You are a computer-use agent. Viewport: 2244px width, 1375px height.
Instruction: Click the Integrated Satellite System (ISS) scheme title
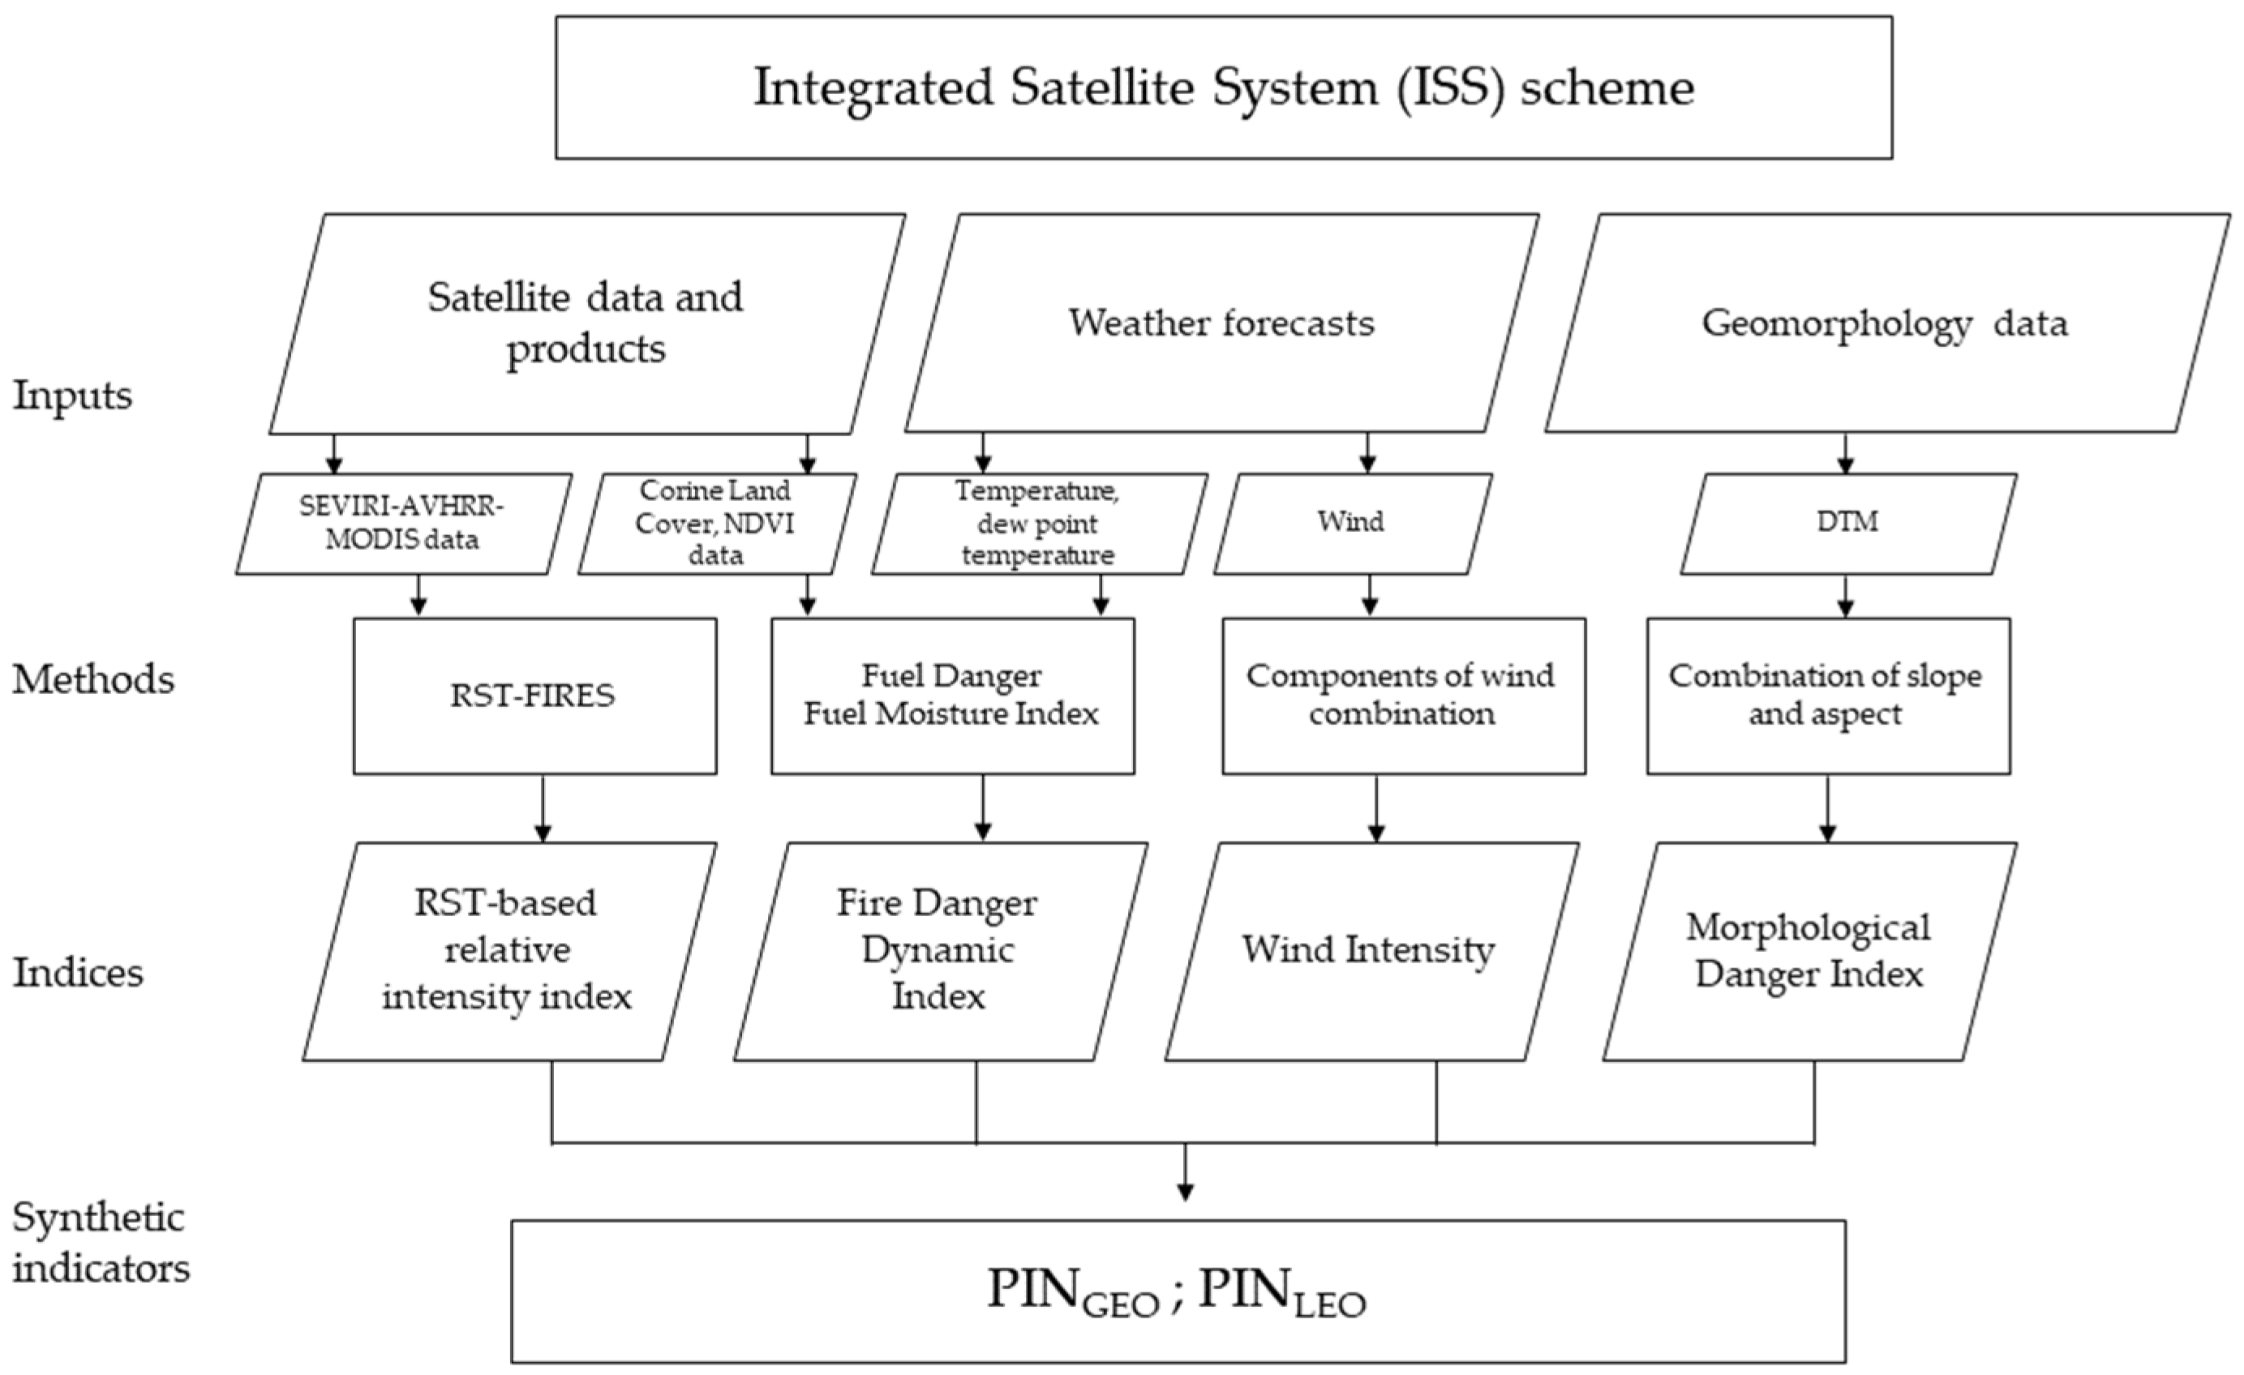(1223, 88)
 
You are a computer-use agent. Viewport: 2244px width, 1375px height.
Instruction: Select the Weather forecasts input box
(1221, 323)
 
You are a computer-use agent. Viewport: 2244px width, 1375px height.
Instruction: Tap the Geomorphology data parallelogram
(1886, 323)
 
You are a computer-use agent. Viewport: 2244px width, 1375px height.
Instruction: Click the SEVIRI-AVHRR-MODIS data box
(403, 524)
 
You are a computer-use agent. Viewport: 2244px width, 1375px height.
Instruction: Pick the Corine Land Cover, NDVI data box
(716, 524)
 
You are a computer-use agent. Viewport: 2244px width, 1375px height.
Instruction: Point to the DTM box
(1847, 524)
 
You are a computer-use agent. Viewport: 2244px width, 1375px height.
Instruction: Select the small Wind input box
(1351, 524)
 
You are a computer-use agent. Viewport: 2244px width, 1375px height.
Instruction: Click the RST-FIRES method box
(534, 696)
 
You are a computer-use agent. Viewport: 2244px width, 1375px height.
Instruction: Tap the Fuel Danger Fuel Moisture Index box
(952, 696)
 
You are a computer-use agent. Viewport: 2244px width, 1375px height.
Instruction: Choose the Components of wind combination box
(1402, 696)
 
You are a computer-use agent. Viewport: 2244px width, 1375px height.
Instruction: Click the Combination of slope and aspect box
(1827, 696)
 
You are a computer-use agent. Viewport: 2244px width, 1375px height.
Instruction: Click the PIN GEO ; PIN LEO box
(1178, 1291)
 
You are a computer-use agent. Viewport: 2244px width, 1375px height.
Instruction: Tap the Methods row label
(93, 680)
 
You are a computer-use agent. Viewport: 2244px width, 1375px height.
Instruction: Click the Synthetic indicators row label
(101, 1243)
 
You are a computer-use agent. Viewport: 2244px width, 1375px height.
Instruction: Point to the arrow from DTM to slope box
(1845, 597)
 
